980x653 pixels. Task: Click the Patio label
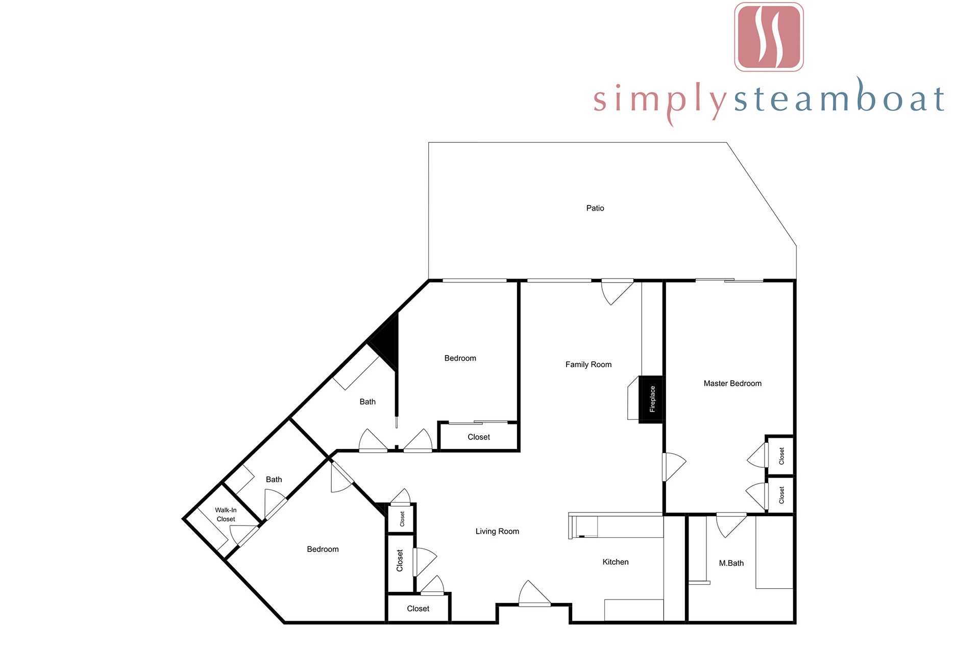tap(595, 208)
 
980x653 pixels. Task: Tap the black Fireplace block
tap(651, 400)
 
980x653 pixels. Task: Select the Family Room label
tap(589, 364)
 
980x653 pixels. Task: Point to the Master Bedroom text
tap(732, 383)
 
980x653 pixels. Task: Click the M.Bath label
tap(731, 563)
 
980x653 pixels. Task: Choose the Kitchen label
tap(616, 562)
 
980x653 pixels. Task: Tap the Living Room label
tap(497, 531)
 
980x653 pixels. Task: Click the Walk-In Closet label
tap(226, 514)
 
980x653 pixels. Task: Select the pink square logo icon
tap(769, 37)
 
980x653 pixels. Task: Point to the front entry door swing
tap(534, 594)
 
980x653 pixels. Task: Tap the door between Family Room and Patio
tap(617, 292)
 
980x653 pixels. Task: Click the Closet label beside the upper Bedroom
tap(479, 437)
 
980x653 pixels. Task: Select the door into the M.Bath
tap(731, 525)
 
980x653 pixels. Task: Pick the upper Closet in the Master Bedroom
tap(781, 456)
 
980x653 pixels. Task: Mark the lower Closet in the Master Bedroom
tap(781, 494)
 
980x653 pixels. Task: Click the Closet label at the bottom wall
tap(418, 609)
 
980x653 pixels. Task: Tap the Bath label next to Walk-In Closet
tap(274, 480)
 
